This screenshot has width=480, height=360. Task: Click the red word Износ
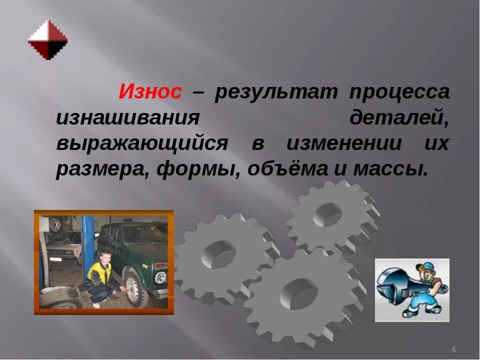click(150, 93)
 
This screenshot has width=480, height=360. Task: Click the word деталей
click(398, 119)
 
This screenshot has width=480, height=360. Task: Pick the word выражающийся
click(141, 144)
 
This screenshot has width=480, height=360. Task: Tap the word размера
click(101, 169)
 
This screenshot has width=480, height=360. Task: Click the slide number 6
click(453, 349)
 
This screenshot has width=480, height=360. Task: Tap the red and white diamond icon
click(47, 39)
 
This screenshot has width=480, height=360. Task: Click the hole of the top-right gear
click(327, 214)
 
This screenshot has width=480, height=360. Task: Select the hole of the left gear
click(218, 253)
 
